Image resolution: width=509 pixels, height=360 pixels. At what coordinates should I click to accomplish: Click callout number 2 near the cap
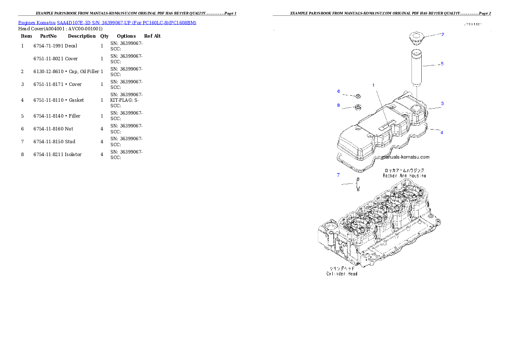(443, 34)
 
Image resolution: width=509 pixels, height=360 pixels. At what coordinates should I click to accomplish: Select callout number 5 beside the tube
(442, 64)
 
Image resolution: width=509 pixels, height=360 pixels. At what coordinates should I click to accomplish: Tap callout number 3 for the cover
(442, 103)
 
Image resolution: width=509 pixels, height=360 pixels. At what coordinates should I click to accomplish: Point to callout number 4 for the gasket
(442, 133)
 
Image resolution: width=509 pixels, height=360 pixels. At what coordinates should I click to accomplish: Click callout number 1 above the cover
(373, 86)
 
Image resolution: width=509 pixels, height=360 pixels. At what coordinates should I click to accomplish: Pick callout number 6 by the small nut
(338, 91)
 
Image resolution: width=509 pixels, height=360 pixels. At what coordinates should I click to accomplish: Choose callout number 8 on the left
(338, 105)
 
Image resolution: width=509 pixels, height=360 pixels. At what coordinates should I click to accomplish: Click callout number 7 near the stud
(338, 175)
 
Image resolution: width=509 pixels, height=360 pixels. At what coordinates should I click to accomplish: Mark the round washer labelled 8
(358, 107)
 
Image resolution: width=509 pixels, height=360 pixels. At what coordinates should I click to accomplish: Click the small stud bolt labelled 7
(358, 184)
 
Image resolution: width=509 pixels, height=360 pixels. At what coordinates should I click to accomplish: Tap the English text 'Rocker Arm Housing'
(404, 176)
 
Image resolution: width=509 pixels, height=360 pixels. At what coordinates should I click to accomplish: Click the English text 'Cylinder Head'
(342, 274)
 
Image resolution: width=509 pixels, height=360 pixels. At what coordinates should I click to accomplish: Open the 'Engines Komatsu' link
(107, 22)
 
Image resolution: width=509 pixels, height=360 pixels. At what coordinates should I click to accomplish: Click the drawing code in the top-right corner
(473, 24)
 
